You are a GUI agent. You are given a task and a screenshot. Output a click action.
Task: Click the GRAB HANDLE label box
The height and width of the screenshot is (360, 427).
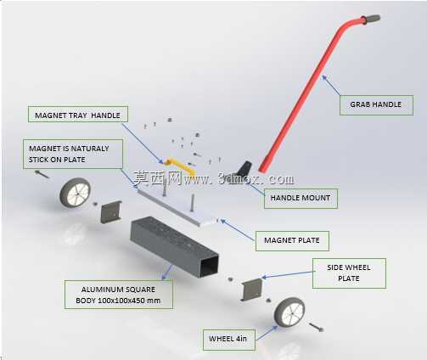point(376,105)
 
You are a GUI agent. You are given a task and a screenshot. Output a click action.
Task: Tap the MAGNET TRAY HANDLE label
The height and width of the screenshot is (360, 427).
point(78,115)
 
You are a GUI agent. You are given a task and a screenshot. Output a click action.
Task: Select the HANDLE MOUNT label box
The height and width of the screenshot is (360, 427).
point(301,199)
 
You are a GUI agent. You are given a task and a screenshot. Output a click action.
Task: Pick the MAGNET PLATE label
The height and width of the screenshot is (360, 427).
point(292,241)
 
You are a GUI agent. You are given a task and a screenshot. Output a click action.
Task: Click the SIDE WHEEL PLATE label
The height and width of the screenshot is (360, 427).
point(349,273)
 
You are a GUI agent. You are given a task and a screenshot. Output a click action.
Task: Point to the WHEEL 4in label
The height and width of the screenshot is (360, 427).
point(229,340)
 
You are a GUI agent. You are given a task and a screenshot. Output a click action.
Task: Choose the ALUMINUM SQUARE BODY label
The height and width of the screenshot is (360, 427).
point(119,295)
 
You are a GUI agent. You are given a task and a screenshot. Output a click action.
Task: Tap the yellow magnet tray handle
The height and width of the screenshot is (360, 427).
point(180,166)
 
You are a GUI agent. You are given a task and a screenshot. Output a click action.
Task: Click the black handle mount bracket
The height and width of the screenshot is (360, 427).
point(244,169)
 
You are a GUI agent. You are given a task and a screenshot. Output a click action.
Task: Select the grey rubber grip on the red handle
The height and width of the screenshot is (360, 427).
point(371,20)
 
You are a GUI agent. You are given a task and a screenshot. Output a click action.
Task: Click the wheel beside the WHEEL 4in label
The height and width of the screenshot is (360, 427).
point(289,312)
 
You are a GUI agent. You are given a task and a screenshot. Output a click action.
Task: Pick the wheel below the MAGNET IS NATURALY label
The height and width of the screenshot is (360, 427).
point(75,193)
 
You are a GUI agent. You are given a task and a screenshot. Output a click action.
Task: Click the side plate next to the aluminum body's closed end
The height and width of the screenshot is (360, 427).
point(111,212)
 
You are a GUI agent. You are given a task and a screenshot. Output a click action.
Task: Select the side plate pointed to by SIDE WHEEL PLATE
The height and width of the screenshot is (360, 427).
point(251,289)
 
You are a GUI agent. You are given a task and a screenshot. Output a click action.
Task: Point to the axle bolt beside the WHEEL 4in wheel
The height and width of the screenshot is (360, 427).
point(316,328)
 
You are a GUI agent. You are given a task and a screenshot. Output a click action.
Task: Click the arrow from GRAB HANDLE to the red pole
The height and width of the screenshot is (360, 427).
point(331,86)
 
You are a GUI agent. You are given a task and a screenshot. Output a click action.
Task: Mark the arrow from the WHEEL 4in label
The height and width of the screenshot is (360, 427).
point(267,333)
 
